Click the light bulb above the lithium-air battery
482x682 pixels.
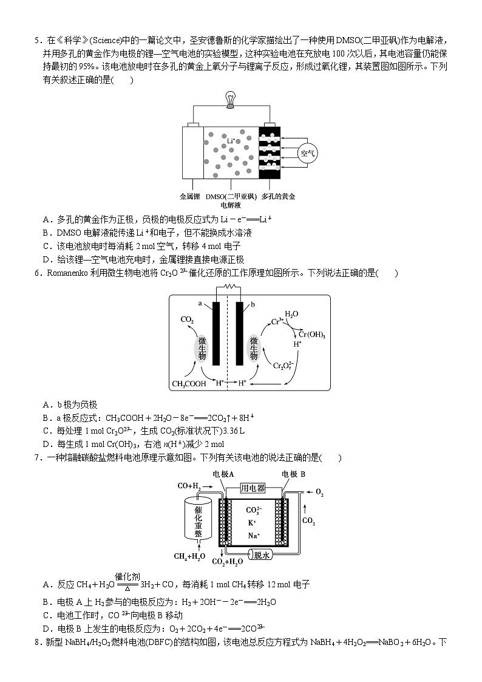coord(230,98)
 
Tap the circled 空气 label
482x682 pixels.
coord(308,153)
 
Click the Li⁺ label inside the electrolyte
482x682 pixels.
coord(231,141)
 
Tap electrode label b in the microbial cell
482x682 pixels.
coord(253,302)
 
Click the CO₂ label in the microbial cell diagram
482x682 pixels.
coord(187,319)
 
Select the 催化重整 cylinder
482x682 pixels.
coord(198,522)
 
